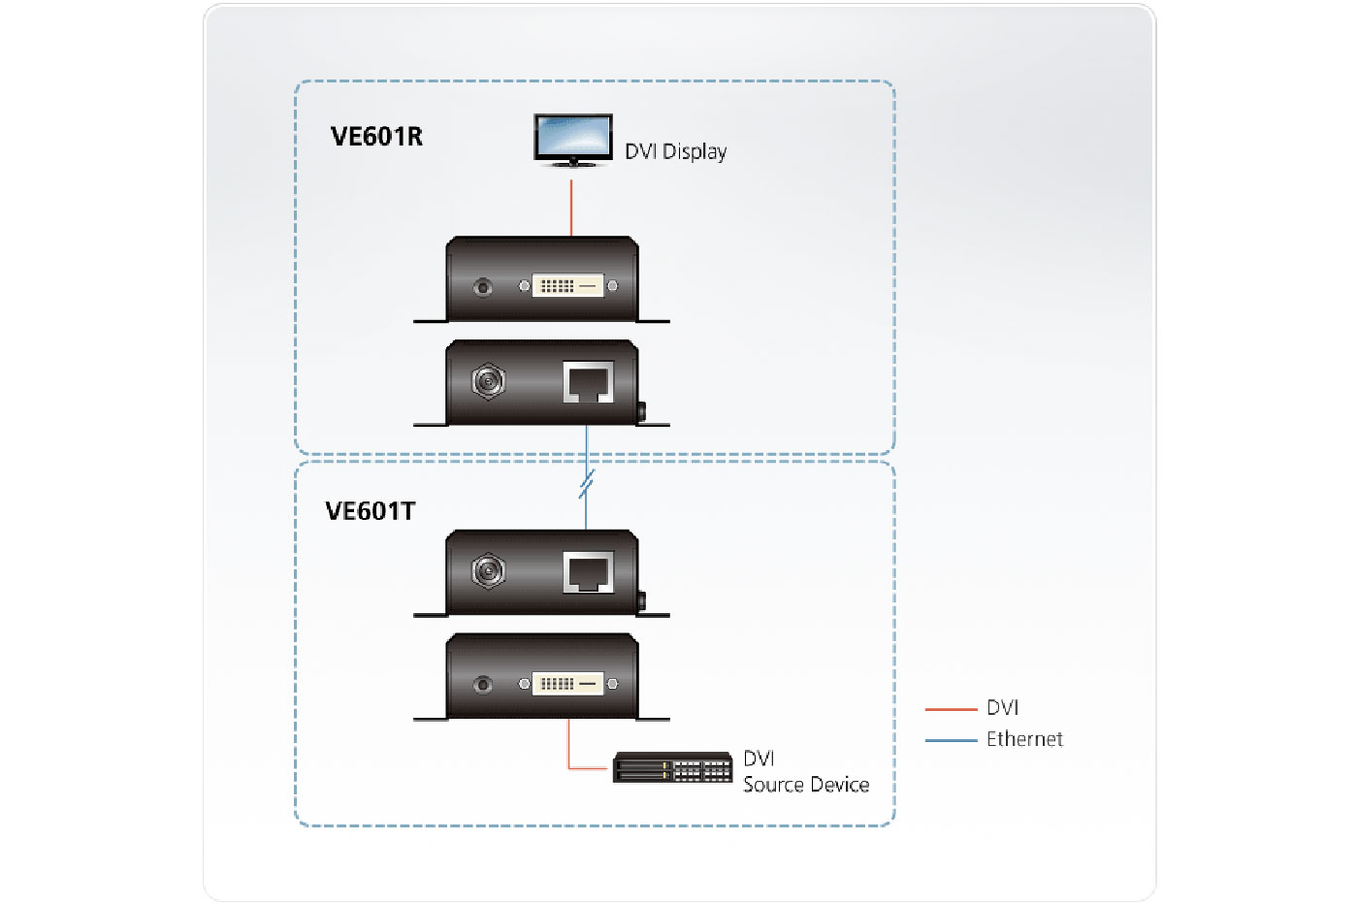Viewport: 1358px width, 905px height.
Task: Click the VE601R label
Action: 376,137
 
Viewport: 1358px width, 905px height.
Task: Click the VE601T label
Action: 370,511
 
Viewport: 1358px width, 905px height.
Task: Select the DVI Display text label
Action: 675,151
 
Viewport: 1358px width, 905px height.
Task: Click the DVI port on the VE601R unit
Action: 567,286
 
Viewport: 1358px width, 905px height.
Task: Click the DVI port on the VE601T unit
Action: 567,684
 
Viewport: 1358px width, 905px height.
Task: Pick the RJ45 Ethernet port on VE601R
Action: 588,382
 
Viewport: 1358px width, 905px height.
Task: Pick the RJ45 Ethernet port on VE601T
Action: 588,573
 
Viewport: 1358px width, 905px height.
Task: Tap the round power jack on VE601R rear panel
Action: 488,381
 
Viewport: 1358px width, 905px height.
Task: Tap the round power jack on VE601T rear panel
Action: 488,571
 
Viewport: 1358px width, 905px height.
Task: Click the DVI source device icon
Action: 672,767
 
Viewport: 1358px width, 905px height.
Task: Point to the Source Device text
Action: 806,785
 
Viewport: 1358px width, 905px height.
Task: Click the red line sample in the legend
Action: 951,709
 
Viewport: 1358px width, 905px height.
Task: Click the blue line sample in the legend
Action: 951,740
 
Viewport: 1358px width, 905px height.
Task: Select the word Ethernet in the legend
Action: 1024,739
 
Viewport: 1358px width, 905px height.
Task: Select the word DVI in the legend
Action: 1002,708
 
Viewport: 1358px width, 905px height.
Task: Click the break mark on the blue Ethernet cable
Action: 586,484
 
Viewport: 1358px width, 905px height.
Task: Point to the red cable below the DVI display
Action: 571,207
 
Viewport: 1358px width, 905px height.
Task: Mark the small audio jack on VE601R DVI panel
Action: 482,287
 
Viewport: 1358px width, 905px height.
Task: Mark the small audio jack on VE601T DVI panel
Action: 482,685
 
